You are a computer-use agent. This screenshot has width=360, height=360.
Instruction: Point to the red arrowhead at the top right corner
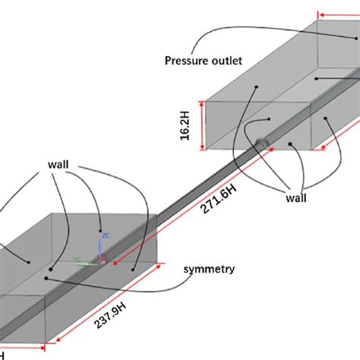click(x=322, y=13)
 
